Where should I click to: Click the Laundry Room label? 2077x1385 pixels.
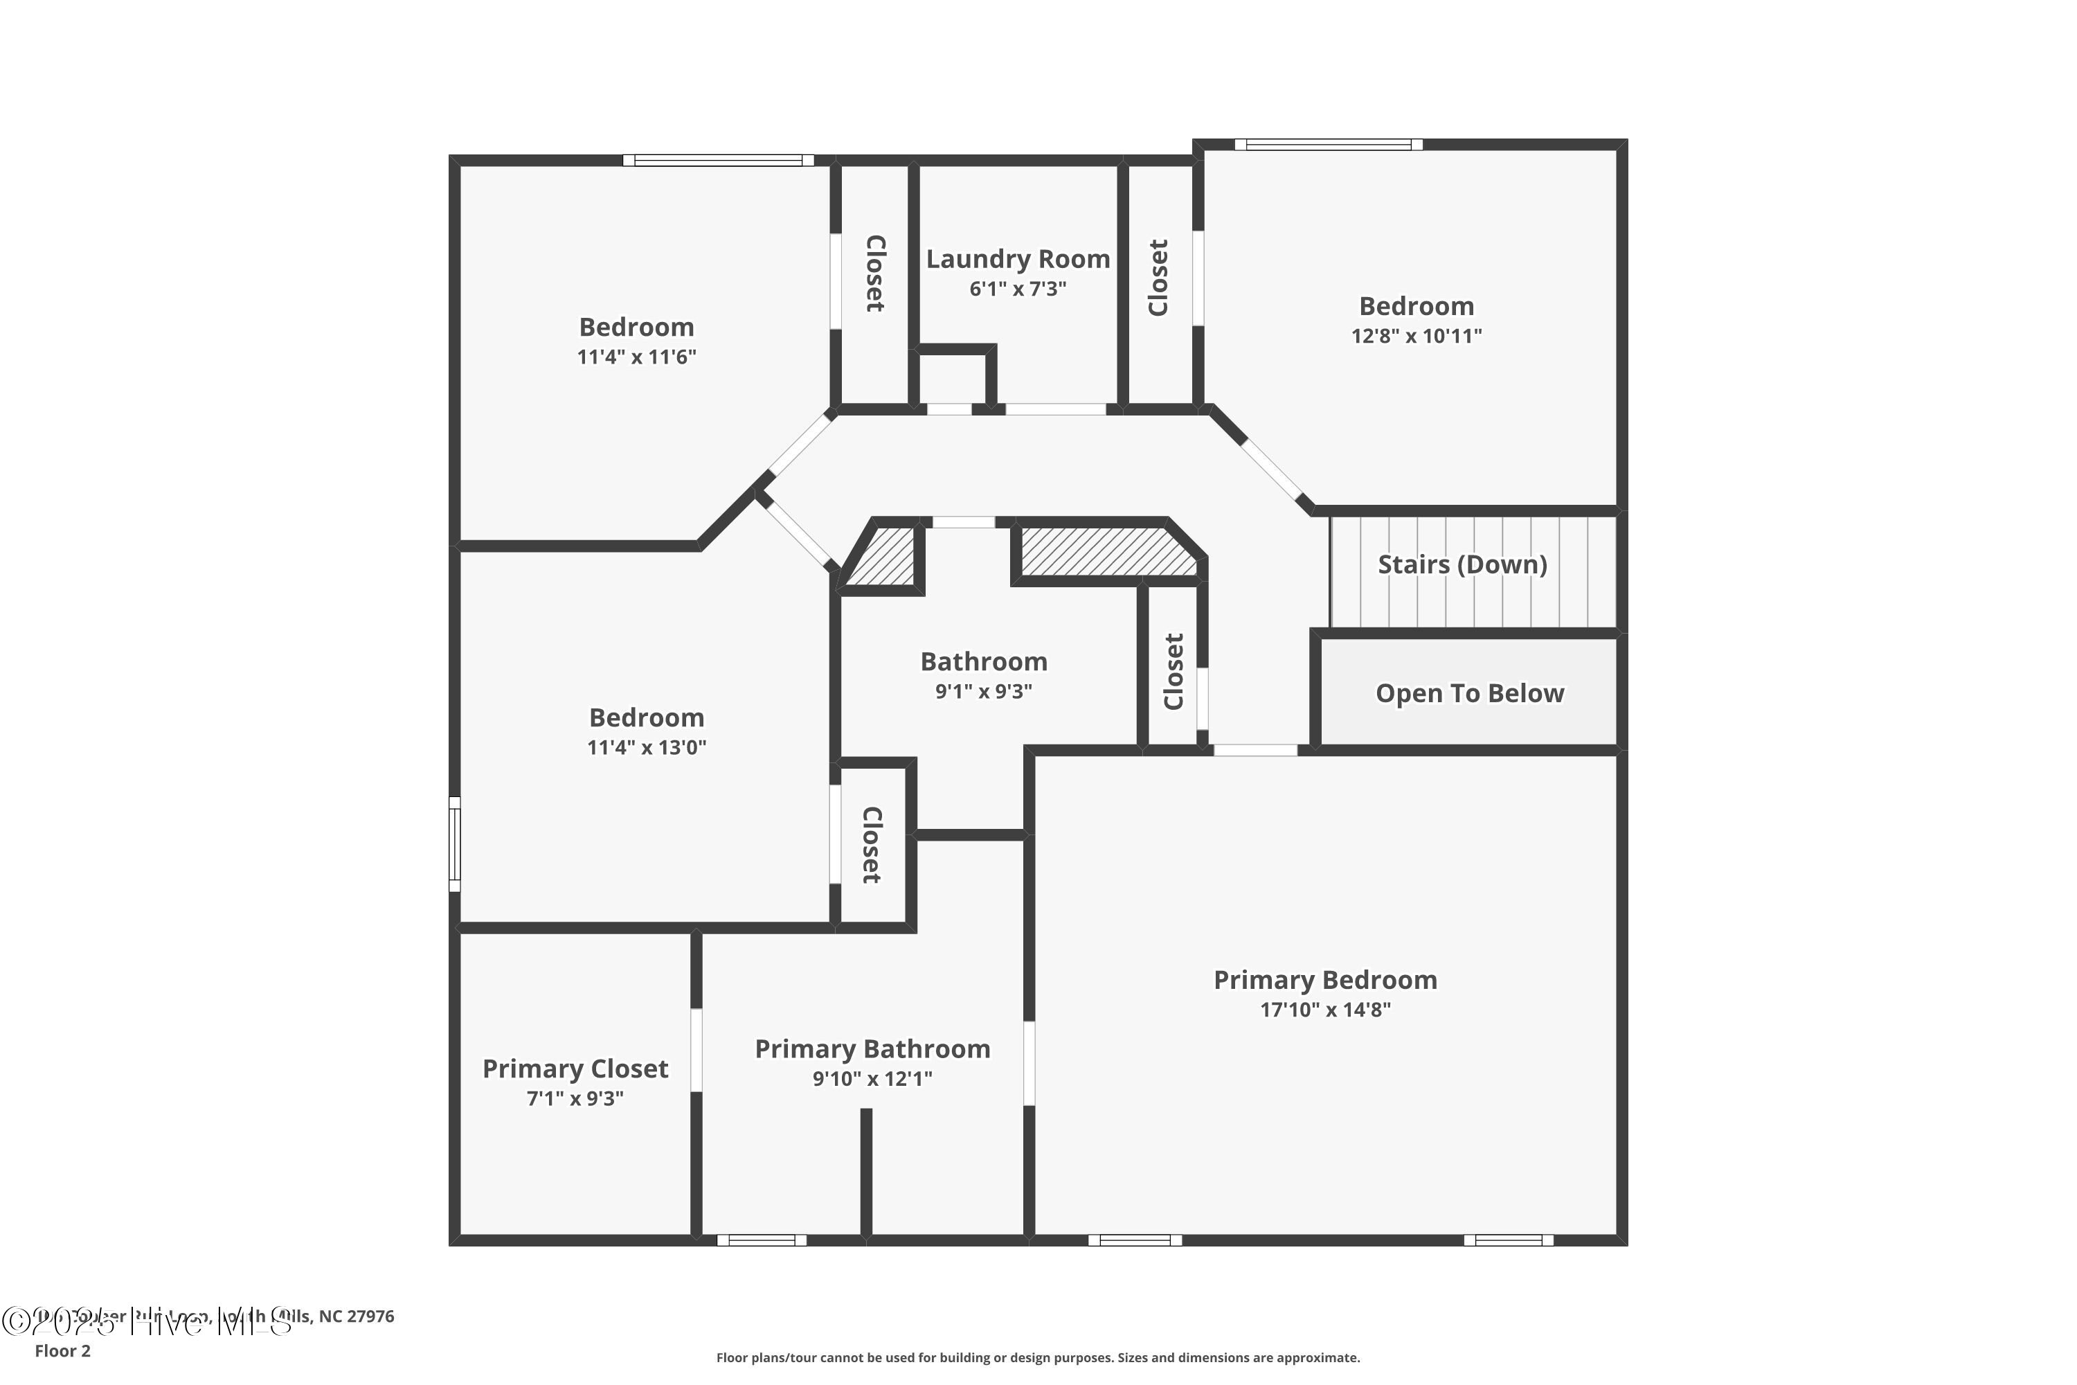coord(1017,259)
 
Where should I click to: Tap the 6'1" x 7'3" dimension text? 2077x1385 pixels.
coord(1017,289)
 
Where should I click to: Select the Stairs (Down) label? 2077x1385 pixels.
coord(1462,564)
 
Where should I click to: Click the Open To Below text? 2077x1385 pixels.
coord(1469,693)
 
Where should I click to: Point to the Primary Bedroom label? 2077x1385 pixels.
coord(1324,980)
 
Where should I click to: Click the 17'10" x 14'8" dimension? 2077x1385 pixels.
coord(1324,1010)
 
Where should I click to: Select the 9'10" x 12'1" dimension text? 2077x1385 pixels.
coord(872,1078)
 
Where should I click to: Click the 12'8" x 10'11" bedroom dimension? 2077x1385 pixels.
coord(1417,337)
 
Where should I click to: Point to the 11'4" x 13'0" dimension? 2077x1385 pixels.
coord(647,748)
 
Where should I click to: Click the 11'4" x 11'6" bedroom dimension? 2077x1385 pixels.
coord(637,357)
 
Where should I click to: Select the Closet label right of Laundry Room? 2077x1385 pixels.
coord(1158,278)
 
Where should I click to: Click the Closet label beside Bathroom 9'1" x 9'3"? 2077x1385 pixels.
coord(1173,671)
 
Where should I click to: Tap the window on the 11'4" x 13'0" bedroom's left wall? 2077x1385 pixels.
coord(455,843)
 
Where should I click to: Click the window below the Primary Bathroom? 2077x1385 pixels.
coord(761,1240)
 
